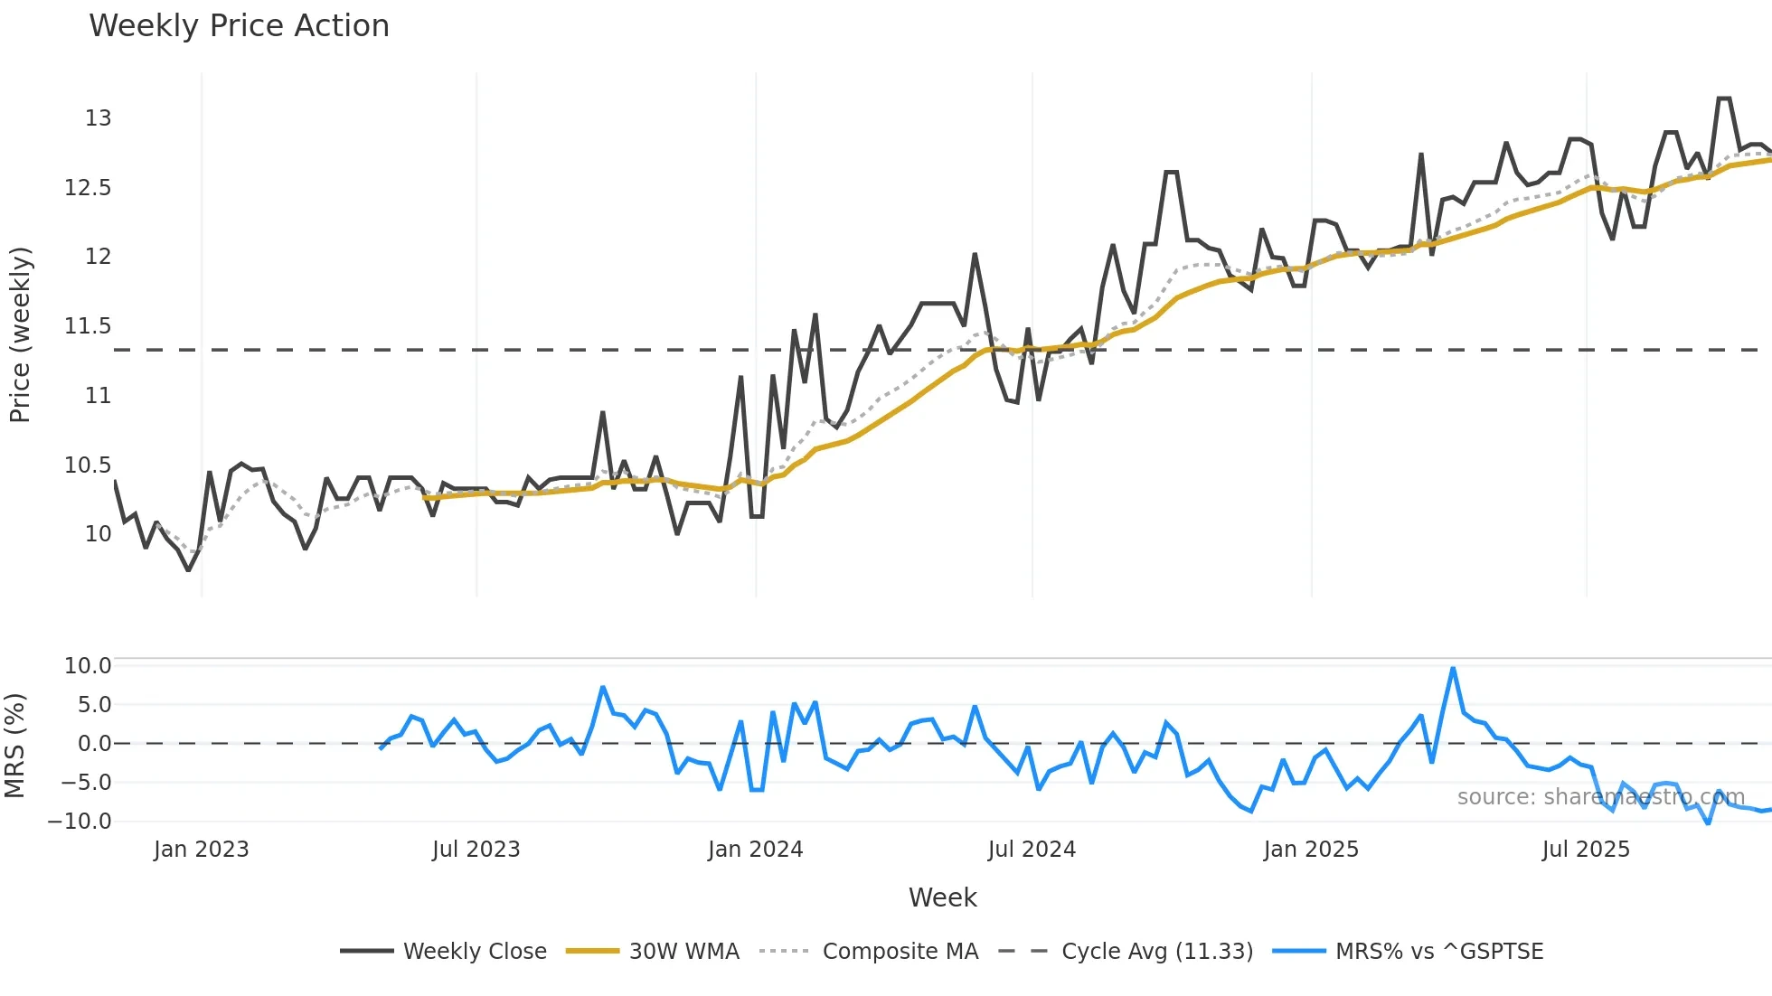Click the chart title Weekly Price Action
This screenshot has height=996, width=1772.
pos(239,26)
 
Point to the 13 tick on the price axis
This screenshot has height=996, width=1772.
pos(98,118)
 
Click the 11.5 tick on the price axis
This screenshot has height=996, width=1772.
pos(88,326)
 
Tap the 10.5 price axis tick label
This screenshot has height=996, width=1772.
pos(88,465)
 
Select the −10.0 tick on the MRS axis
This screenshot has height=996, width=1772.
pos(80,822)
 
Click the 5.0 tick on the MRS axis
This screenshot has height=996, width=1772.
pos(94,705)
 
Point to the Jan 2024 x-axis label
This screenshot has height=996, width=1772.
pos(755,850)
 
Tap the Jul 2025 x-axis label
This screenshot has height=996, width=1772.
pos(1586,850)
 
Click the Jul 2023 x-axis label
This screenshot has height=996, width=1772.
pos(476,850)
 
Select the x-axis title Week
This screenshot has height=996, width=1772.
pos(942,897)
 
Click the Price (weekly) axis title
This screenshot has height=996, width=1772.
pos(20,334)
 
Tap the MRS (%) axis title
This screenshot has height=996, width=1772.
pos(14,746)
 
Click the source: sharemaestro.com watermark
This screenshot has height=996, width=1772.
pos(1600,797)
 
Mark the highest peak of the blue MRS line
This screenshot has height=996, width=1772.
pos(1453,669)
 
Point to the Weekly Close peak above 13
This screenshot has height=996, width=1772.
pos(1724,99)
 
